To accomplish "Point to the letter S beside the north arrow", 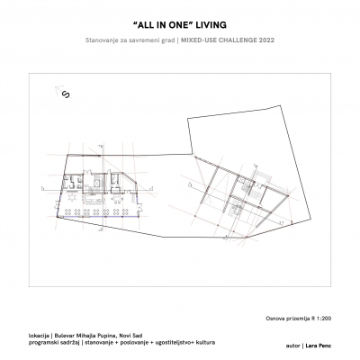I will (66, 101).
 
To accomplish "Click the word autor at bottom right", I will (291, 344).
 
